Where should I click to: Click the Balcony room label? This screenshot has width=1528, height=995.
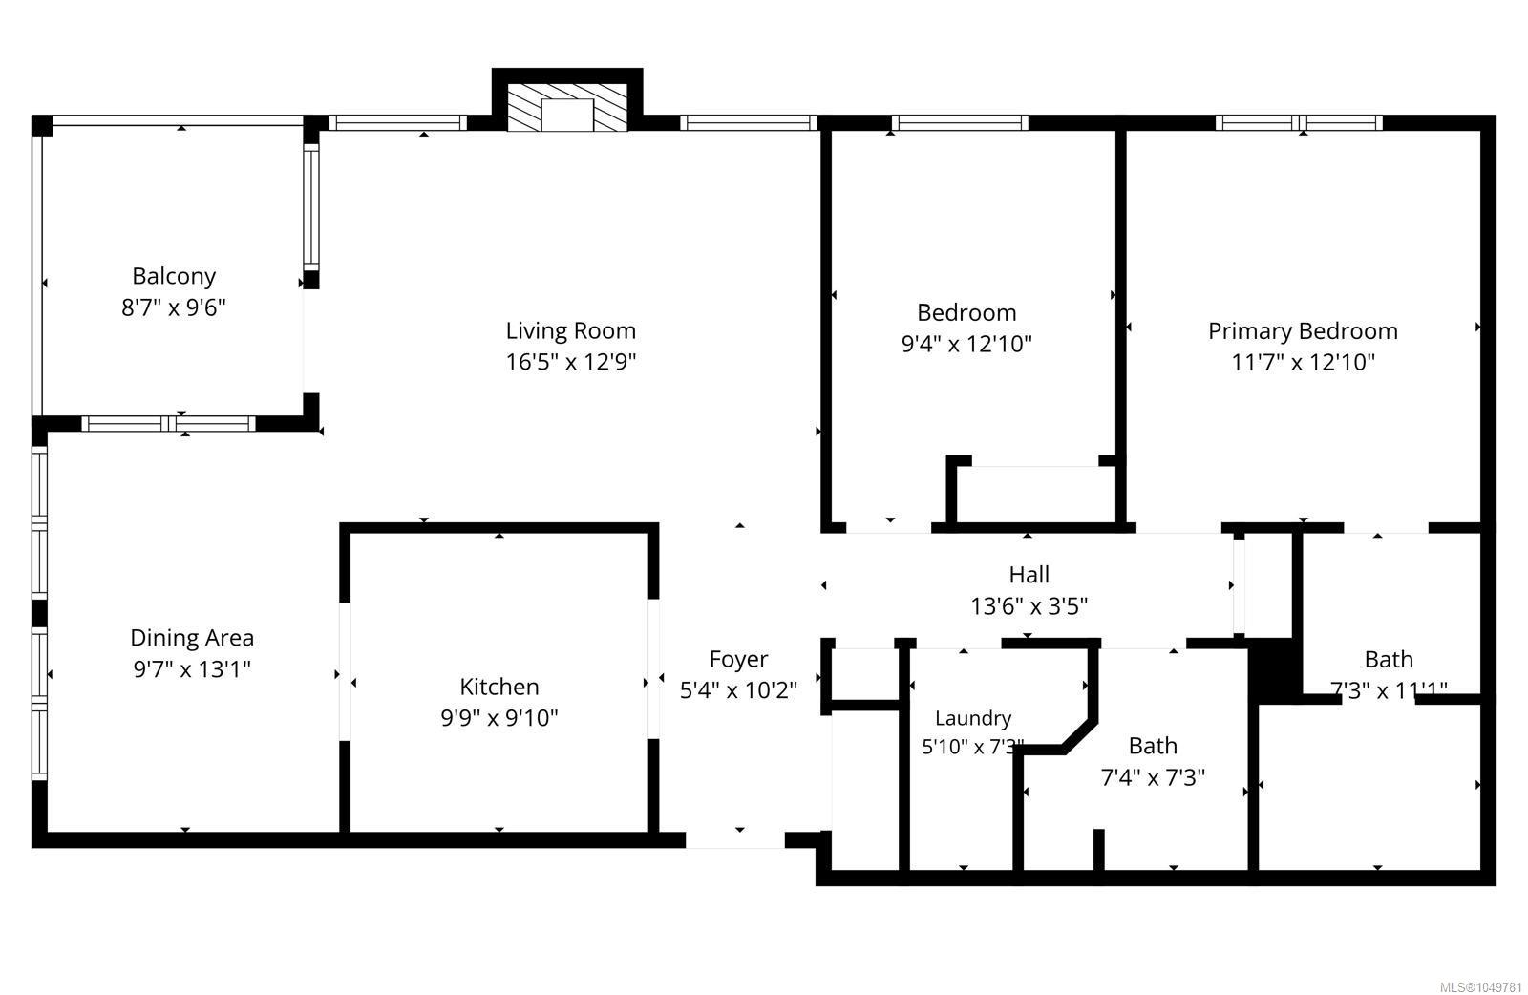pyautogui.click(x=174, y=276)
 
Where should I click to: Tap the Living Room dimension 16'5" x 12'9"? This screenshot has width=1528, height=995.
pyautogui.click(x=570, y=362)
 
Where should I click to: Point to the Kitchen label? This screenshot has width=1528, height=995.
pyautogui.click(x=499, y=686)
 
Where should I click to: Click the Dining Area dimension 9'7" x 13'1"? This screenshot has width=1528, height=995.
pyautogui.click(x=192, y=669)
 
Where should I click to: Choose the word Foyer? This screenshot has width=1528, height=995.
pyautogui.click(x=738, y=660)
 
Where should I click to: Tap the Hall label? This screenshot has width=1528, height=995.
pyautogui.click(x=1029, y=575)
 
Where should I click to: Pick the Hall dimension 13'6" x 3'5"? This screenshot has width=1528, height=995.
pyautogui.click(x=1029, y=606)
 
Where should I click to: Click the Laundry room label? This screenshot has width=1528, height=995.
pyautogui.click(x=973, y=718)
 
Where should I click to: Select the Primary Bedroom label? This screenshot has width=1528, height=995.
pyautogui.click(x=1303, y=331)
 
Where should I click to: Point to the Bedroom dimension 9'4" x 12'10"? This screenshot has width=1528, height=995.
pyautogui.click(x=966, y=344)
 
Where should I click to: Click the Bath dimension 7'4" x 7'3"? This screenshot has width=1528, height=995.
pyautogui.click(x=1153, y=777)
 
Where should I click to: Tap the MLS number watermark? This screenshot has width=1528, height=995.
pyautogui.click(x=1480, y=987)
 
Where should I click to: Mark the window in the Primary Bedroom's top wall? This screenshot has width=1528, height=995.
pyautogui.click(x=1299, y=123)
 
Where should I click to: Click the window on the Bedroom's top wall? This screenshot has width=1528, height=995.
pyautogui.click(x=959, y=123)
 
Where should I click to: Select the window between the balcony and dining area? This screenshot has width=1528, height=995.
pyautogui.click(x=168, y=424)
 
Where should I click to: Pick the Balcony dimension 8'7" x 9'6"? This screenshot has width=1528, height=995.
pyautogui.click(x=173, y=308)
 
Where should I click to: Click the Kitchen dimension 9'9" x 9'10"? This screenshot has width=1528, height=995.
pyautogui.click(x=499, y=718)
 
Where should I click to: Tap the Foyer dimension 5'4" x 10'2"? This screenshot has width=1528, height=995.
pyautogui.click(x=738, y=690)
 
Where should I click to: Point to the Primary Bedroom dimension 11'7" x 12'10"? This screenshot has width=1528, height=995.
pyautogui.click(x=1303, y=362)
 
